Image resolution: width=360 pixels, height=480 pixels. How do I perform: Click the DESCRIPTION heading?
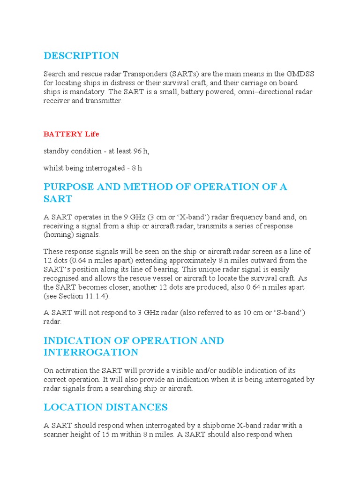pos(81,56)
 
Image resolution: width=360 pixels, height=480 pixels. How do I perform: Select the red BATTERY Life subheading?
pos(71,134)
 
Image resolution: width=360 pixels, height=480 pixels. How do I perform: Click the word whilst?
pos(53,168)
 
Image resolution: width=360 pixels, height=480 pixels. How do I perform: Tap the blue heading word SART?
pos(58,199)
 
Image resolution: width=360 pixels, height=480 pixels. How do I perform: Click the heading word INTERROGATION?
pos(90,352)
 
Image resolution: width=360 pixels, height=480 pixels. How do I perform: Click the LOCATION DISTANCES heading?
pos(105,407)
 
